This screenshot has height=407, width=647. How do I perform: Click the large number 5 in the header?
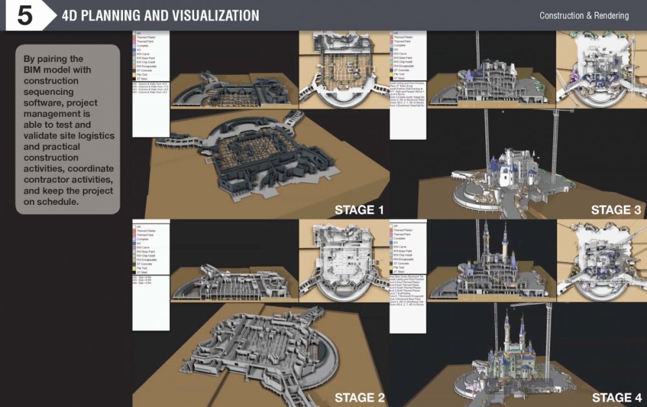tap(25, 16)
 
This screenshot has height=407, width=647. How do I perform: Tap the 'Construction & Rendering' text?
tap(584, 16)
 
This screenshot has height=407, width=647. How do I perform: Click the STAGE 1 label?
tap(359, 209)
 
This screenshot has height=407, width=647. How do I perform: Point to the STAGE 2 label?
tap(359, 397)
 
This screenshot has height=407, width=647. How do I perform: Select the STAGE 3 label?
tap(616, 209)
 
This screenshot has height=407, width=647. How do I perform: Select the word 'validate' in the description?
tap(43, 136)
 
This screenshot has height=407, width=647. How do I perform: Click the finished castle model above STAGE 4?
tap(511, 359)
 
